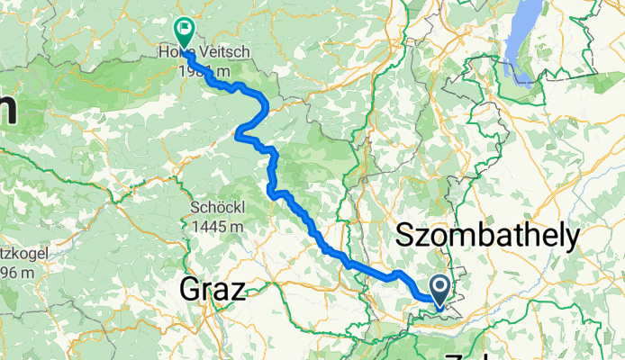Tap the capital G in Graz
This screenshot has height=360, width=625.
point(191,290)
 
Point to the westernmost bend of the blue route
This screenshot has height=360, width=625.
point(237,135)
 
